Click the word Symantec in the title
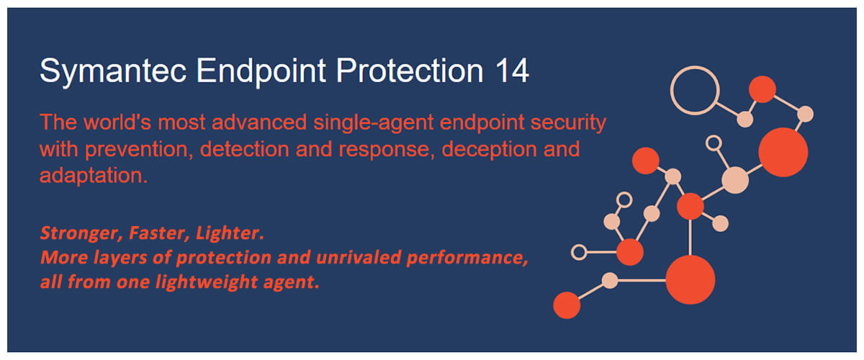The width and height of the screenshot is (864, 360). (x=113, y=71)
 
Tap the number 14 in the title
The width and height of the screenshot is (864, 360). (x=512, y=71)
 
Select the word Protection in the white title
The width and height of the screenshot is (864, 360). (x=410, y=71)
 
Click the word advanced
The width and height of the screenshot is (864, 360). (x=259, y=122)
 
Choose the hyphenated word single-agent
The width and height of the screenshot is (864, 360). (x=374, y=123)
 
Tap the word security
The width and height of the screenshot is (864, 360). (x=568, y=123)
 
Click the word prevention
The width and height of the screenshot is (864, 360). (x=139, y=150)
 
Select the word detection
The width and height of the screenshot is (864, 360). (x=245, y=149)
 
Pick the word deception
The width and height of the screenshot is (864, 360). (x=489, y=150)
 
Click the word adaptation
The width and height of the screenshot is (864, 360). (x=94, y=176)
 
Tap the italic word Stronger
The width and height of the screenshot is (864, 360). (x=81, y=233)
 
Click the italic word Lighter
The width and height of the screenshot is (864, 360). (x=230, y=233)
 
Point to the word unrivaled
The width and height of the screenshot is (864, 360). (x=359, y=257)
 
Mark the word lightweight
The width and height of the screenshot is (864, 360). (x=207, y=282)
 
